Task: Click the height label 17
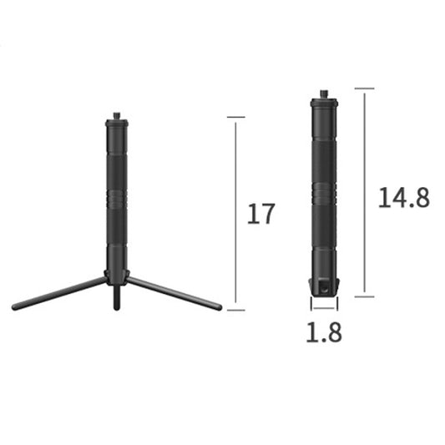coord(260,214)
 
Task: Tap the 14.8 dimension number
coord(403,197)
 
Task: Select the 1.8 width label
coord(323,332)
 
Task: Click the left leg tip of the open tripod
coord(16,306)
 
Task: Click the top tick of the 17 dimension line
coord(235,118)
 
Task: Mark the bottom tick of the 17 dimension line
coord(235,310)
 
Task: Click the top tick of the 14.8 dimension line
coord(364,88)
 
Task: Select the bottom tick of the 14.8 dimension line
coord(364,296)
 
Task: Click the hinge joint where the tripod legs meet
coord(116,276)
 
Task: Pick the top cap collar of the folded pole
coord(324,103)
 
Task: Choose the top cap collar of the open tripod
coord(116,124)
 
